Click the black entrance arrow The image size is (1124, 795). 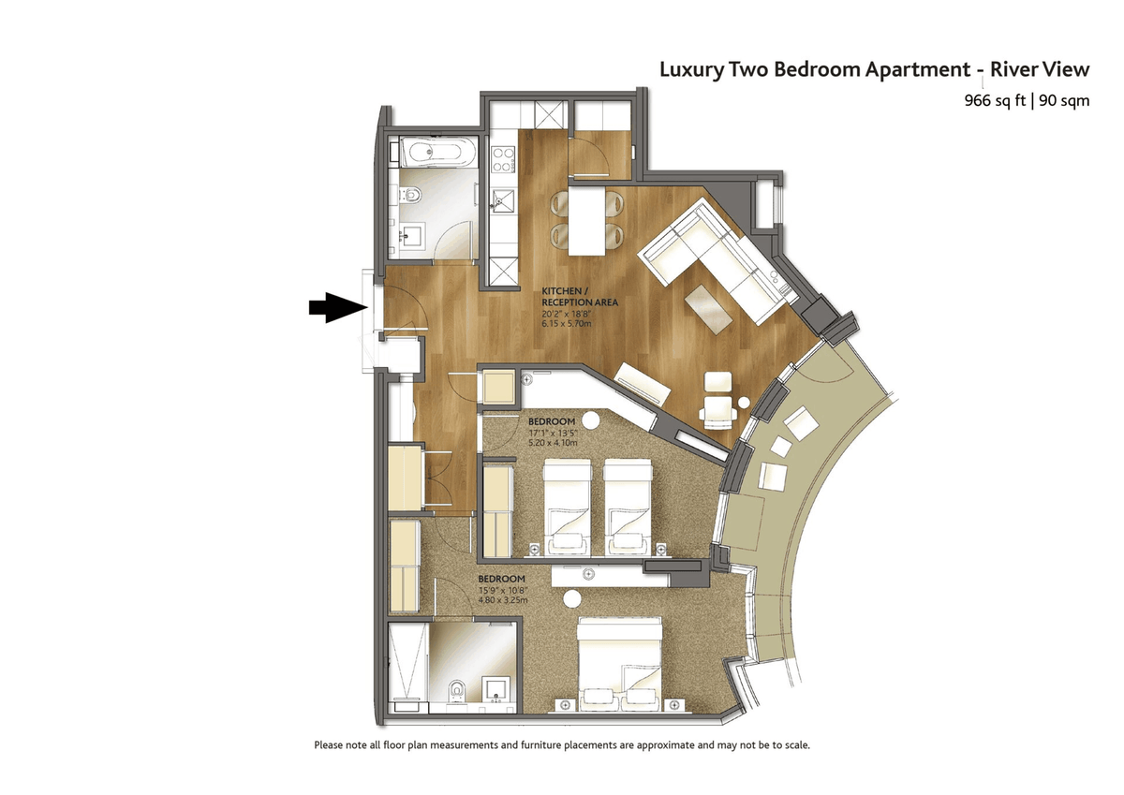click(338, 307)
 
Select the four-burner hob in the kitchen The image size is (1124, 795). click(503, 159)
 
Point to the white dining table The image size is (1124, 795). click(586, 220)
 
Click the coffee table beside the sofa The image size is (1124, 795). click(709, 309)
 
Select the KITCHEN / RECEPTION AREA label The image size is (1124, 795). click(580, 297)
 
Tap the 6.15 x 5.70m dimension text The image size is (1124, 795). click(567, 323)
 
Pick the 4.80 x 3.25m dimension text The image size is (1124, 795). click(503, 600)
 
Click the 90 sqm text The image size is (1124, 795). click(1064, 101)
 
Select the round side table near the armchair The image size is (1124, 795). click(744, 403)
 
